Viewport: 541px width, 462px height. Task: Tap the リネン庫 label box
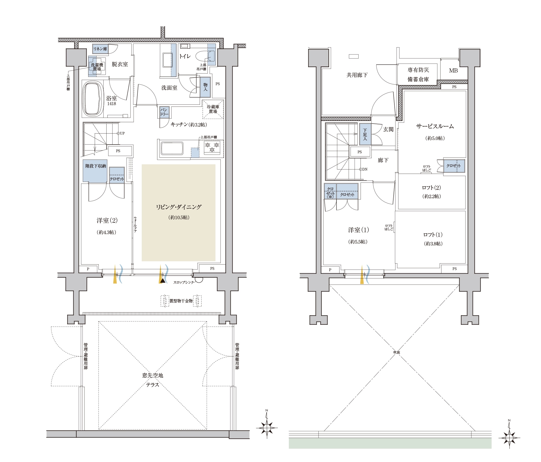[x=100, y=49]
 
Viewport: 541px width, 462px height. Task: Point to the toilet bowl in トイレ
[x=205, y=56]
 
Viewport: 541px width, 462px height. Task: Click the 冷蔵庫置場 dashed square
[x=213, y=109]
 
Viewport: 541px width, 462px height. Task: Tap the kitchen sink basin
[x=172, y=148]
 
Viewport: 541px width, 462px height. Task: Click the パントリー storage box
[x=164, y=112]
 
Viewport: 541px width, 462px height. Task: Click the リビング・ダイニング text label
[x=179, y=207]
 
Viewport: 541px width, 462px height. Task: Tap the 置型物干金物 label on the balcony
[x=181, y=301]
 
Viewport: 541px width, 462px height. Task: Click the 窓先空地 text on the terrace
[x=153, y=375]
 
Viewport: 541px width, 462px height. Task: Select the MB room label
[x=453, y=71]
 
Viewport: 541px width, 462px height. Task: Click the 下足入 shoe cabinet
[x=365, y=134]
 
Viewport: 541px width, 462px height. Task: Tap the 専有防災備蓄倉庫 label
[x=418, y=75]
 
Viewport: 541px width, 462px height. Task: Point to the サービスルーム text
[x=435, y=126]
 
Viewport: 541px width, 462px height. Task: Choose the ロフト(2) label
[x=431, y=188]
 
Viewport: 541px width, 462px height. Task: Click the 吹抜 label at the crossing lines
[x=397, y=352]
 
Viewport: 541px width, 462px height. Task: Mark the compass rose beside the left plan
[x=267, y=428]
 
